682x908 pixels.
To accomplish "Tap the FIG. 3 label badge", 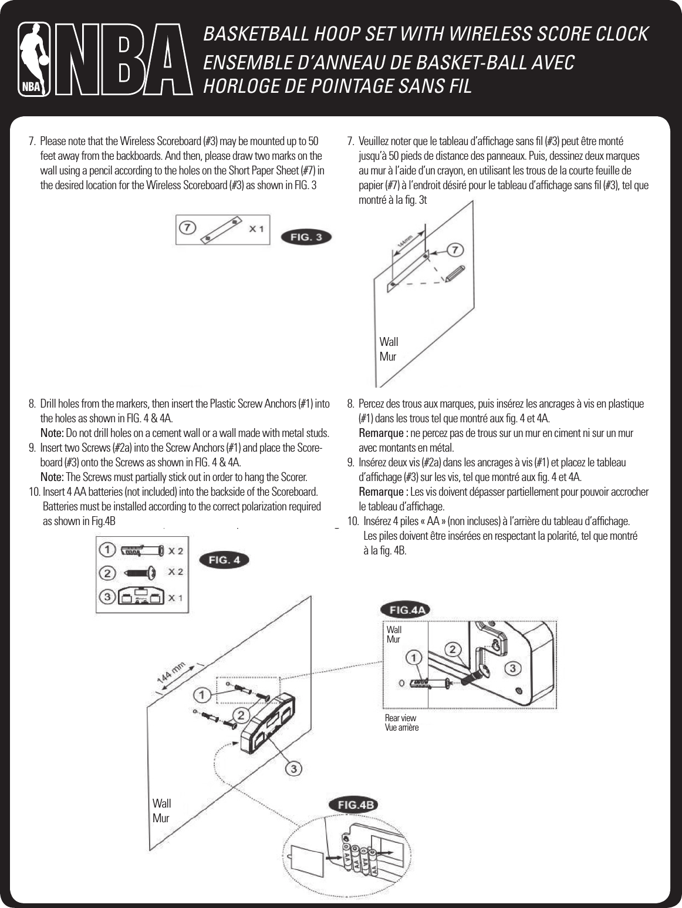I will tap(307, 237).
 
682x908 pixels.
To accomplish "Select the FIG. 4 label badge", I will tap(224, 560).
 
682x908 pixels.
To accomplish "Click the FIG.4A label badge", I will tap(406, 610).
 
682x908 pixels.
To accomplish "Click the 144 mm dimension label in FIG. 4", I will tap(171, 672).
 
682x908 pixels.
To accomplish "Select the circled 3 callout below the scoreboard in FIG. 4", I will tap(295, 768).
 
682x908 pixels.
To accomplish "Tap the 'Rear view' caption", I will tap(400, 718).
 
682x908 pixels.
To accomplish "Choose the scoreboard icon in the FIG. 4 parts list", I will tap(140, 596).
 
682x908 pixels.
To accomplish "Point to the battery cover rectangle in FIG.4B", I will tap(308, 859).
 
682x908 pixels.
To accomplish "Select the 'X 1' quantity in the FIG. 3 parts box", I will tap(256, 228).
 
